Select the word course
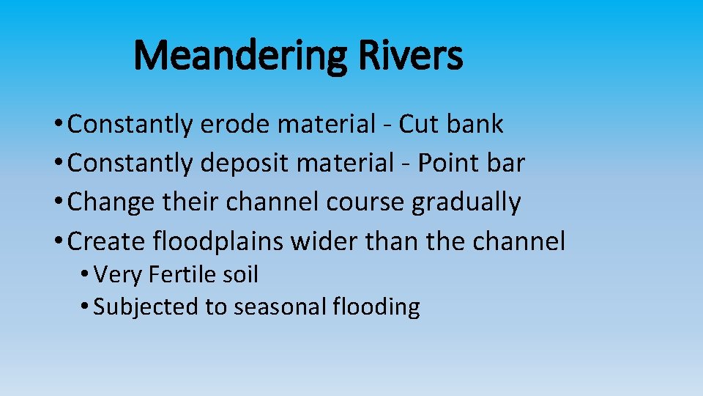click(x=365, y=202)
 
